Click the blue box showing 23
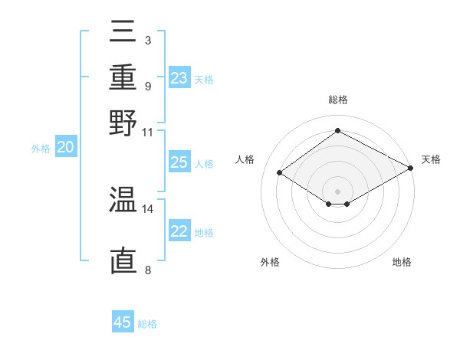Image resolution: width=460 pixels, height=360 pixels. (x=179, y=78)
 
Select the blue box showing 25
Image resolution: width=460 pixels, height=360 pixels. (x=179, y=162)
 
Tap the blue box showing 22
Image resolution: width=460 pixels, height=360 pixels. (x=179, y=231)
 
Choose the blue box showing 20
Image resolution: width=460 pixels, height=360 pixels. (x=66, y=148)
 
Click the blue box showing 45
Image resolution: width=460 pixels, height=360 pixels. (x=123, y=322)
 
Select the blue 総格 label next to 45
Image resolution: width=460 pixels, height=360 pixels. (x=147, y=324)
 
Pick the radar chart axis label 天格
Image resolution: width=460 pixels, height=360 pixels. (x=431, y=159)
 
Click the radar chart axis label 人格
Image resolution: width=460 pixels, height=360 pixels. (x=245, y=159)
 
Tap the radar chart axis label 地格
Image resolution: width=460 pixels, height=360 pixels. (x=402, y=262)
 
